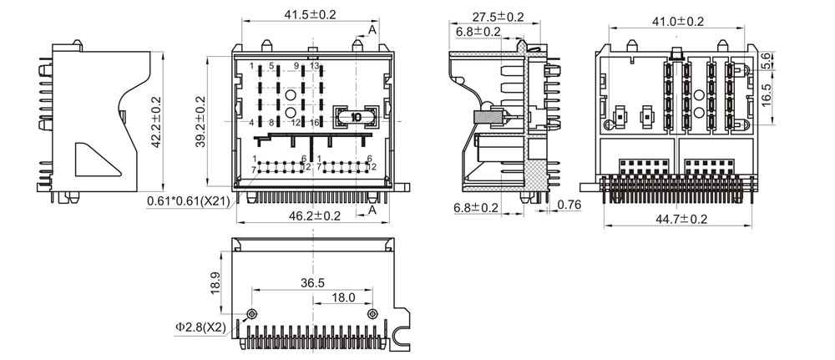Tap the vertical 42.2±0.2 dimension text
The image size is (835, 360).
(154, 123)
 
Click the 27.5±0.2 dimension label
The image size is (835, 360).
(498, 17)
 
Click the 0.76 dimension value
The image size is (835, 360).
(569, 205)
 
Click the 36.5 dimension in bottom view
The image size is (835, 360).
(312, 283)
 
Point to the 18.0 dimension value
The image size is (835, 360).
(343, 297)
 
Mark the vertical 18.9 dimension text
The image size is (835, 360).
(216, 282)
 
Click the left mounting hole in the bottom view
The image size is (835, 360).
(251, 314)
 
